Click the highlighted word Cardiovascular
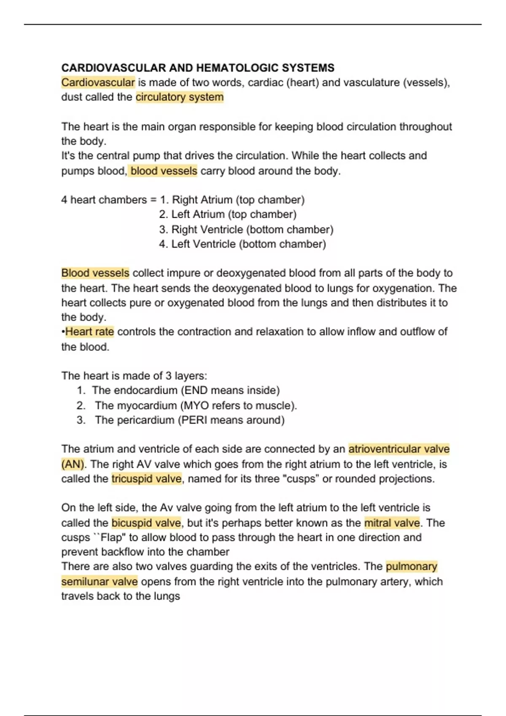[x=98, y=83]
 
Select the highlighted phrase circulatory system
[x=180, y=97]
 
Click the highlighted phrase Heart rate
[x=89, y=332]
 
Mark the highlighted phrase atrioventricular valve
[x=399, y=449]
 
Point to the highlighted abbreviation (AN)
[x=73, y=464]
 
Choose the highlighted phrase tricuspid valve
[x=146, y=479]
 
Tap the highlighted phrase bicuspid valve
[x=146, y=523]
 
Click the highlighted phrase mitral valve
[x=392, y=523]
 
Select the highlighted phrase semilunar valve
[x=99, y=582]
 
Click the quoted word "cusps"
[x=303, y=479]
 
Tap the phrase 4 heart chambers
[x=104, y=200]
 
